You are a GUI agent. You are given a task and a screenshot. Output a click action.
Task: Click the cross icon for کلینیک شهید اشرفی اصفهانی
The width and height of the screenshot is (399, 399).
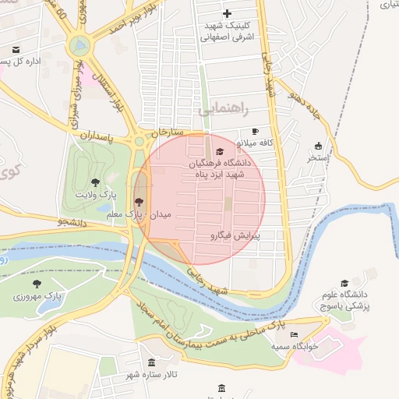coord(227,13)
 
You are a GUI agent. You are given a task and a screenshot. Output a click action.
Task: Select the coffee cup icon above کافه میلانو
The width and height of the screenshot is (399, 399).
coord(255,132)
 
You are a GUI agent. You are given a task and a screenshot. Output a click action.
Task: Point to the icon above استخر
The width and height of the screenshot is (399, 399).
coord(318,146)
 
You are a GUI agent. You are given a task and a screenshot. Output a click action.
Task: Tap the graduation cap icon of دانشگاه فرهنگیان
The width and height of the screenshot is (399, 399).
coord(219,151)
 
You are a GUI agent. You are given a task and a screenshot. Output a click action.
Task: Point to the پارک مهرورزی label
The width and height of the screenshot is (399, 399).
coord(37,296)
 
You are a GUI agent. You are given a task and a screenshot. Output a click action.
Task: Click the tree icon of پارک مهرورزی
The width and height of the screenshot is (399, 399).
coord(37,284)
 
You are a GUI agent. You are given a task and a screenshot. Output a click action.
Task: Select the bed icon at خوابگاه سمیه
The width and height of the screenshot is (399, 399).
coord(294,335)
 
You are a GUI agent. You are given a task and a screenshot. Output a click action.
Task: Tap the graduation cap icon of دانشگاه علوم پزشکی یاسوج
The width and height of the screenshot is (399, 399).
coord(344,284)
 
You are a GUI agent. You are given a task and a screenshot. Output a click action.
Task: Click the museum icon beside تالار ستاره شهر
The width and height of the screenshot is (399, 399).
coord(151,363)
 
